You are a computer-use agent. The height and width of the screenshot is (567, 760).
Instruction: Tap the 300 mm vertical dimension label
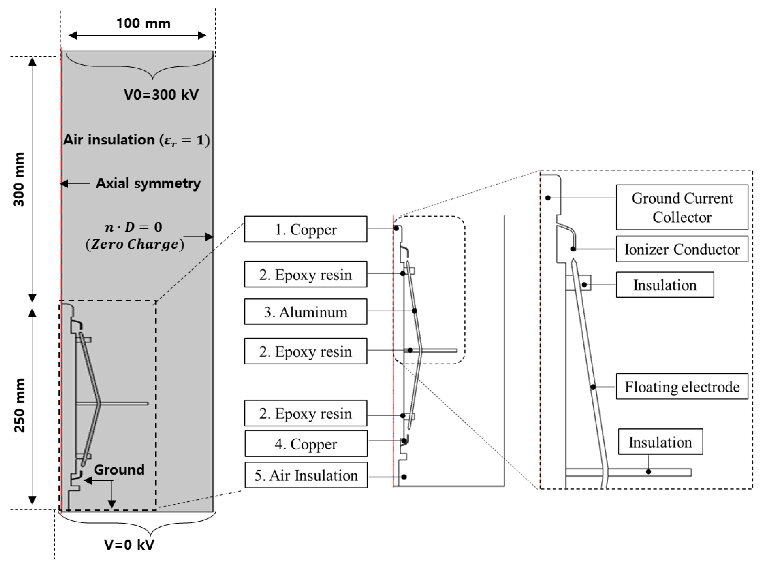coord(19,179)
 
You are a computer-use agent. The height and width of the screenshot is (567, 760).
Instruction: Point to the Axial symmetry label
coord(148,183)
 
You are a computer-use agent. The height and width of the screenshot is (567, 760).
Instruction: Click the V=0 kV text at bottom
coord(129,544)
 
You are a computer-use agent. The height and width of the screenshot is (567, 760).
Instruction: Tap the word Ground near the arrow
coord(119,469)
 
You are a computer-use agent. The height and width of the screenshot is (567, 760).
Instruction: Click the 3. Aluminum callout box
coord(305,312)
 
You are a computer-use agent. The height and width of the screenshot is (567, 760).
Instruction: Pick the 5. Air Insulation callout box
coord(305,475)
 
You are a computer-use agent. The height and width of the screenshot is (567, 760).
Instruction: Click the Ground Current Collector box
coord(682,207)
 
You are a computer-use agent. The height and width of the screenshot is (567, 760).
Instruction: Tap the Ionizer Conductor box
coord(682,249)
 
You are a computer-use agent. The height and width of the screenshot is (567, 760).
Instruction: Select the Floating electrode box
coord(682,387)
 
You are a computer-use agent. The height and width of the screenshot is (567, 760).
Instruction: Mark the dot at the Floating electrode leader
coord(593,387)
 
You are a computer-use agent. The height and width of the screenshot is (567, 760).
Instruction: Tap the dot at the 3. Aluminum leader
coord(414,311)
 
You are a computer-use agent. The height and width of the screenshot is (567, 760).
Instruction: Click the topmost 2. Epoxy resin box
coord(305,275)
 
